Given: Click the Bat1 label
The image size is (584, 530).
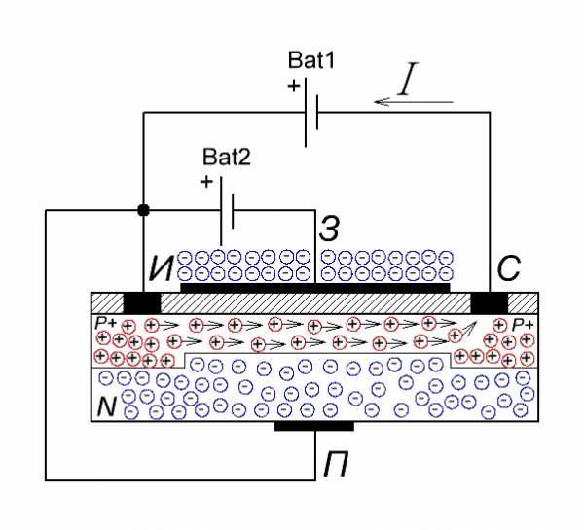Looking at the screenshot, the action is tap(311, 60).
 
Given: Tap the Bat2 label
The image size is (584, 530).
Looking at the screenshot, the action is tap(227, 157).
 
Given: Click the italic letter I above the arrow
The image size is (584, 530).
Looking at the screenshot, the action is tap(408, 79).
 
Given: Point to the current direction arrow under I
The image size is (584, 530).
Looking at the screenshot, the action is tap(414, 101).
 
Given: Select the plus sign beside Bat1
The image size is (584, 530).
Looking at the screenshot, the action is tap(294, 86).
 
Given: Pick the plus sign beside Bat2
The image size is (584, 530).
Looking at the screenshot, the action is tap(206, 182).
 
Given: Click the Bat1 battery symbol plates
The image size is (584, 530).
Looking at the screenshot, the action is tap(311, 112).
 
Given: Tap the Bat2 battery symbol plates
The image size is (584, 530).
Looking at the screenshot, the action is tap(227, 211).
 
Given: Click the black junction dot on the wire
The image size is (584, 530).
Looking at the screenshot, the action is tap(143, 210).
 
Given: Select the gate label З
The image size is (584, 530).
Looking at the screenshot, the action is tap(329, 229).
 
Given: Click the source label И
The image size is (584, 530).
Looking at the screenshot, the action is tap(161, 268).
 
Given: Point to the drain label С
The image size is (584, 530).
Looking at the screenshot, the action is tap(508, 268).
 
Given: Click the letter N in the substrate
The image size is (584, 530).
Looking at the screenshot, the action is tap(107, 406).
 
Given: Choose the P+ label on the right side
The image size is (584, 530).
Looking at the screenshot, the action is tap(523, 325).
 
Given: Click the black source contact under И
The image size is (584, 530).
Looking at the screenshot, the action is tap(142, 302).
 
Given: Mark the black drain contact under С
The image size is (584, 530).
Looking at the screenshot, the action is tap(490, 302).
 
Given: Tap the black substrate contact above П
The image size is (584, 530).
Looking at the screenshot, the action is tap(314, 426).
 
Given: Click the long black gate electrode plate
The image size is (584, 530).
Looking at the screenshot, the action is tap(315, 287).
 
